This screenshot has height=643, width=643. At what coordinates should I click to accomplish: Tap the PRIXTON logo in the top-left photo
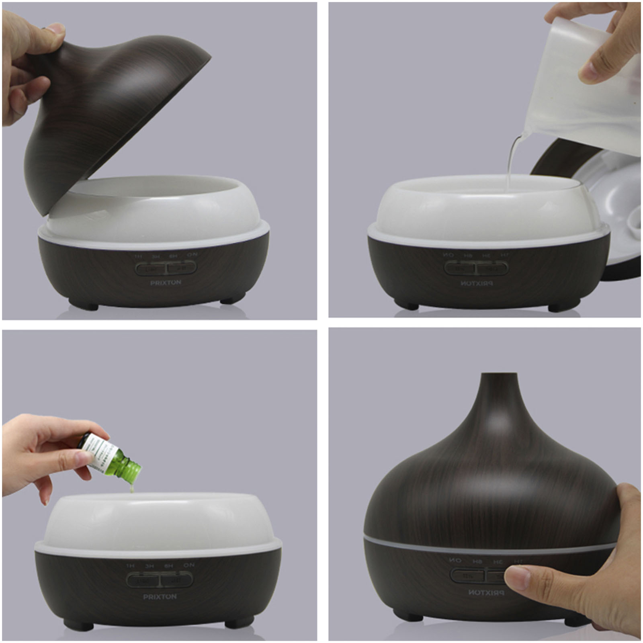(x=166, y=283)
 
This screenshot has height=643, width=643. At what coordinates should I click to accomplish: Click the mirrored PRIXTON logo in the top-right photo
(x=477, y=283)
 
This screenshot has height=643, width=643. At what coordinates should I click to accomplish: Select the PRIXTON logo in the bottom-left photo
(x=160, y=597)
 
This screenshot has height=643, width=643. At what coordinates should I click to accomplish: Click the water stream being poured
(x=511, y=161)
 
